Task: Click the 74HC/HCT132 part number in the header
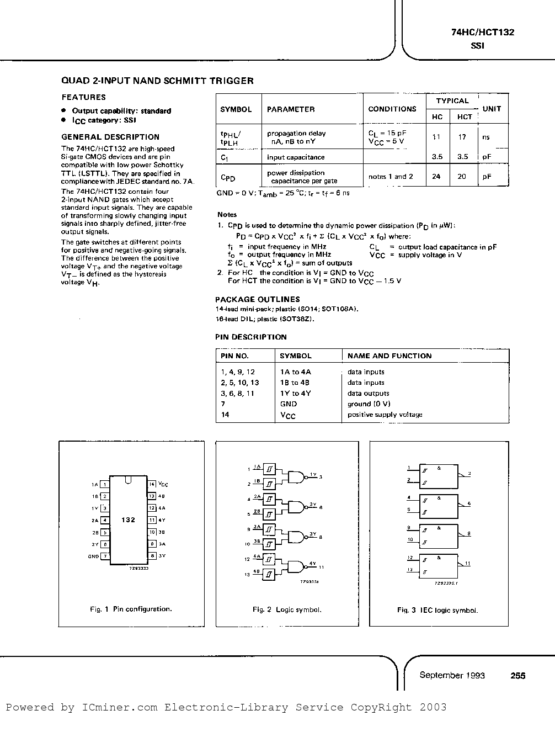tap(482, 33)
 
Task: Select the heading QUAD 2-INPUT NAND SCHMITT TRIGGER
tap(157, 81)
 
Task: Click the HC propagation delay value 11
tap(436, 137)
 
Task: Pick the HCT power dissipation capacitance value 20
tap(462, 177)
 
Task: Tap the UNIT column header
tap(491, 109)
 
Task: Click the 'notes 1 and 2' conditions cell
tap(391, 177)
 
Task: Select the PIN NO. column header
tap(234, 356)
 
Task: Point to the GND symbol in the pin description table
tap(289, 404)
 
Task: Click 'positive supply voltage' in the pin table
tap(385, 415)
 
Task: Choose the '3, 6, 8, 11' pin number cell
tap(237, 394)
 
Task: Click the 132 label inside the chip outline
tap(128, 520)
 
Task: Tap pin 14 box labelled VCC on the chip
tap(151, 484)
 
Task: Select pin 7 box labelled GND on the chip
tap(104, 556)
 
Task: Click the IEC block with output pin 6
tap(439, 504)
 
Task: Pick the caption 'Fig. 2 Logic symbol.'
tap(287, 610)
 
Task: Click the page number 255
tap(517, 675)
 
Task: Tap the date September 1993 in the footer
tap(452, 675)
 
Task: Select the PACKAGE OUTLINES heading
tap(257, 299)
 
